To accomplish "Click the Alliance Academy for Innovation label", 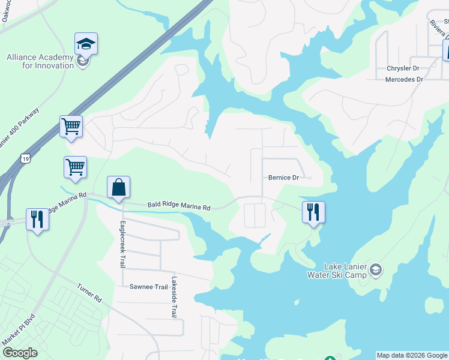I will tap(40, 61).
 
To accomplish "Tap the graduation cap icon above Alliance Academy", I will tap(86, 44).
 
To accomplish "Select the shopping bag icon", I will tap(119, 187).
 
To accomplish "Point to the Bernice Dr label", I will tap(283, 178).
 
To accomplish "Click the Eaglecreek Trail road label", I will tap(121, 245).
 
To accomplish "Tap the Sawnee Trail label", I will tap(148, 287).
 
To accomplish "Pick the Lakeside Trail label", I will tap(174, 296).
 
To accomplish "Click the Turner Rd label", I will tap(89, 292).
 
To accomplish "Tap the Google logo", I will tap(19, 353).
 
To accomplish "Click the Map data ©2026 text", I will tap(411, 355).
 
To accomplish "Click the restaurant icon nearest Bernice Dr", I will tap(313, 212).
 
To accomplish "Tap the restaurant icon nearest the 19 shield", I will tap(37, 220).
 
